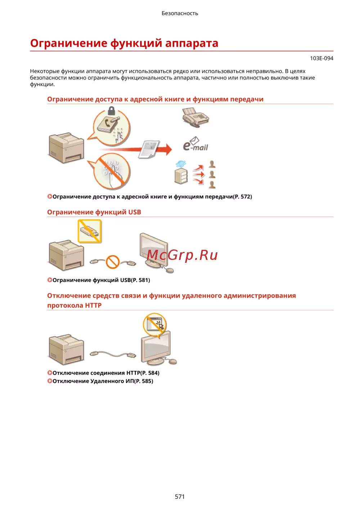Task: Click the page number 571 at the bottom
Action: tap(180, 496)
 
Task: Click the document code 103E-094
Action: tap(321, 58)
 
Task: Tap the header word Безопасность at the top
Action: tap(180, 13)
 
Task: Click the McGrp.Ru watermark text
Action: tap(182, 255)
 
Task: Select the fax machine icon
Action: tap(195, 117)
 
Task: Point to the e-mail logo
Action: tap(195, 144)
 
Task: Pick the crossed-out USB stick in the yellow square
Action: tap(90, 231)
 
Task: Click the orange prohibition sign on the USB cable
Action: tap(113, 262)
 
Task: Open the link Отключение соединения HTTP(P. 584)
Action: tap(103, 373)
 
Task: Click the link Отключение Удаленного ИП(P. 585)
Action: tap(100, 381)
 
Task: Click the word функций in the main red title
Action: tap(136, 43)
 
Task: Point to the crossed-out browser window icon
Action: tap(155, 324)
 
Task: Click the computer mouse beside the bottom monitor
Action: tap(172, 361)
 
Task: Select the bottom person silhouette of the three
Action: tap(212, 185)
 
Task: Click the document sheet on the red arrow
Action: tap(149, 149)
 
